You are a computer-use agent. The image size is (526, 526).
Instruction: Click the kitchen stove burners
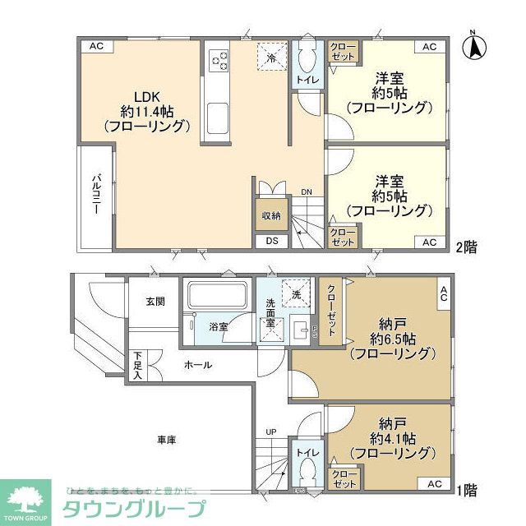click(x=219, y=60)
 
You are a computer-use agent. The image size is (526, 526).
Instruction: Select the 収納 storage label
click(x=271, y=215)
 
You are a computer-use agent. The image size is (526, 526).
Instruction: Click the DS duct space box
click(x=271, y=241)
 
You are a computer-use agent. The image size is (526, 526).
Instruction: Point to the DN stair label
click(x=306, y=193)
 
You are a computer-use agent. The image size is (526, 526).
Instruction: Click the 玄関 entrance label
click(x=155, y=302)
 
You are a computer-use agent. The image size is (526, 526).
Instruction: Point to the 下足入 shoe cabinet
click(x=137, y=366)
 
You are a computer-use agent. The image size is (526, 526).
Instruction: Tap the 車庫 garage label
click(x=166, y=440)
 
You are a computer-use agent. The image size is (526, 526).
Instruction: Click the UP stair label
click(x=270, y=431)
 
